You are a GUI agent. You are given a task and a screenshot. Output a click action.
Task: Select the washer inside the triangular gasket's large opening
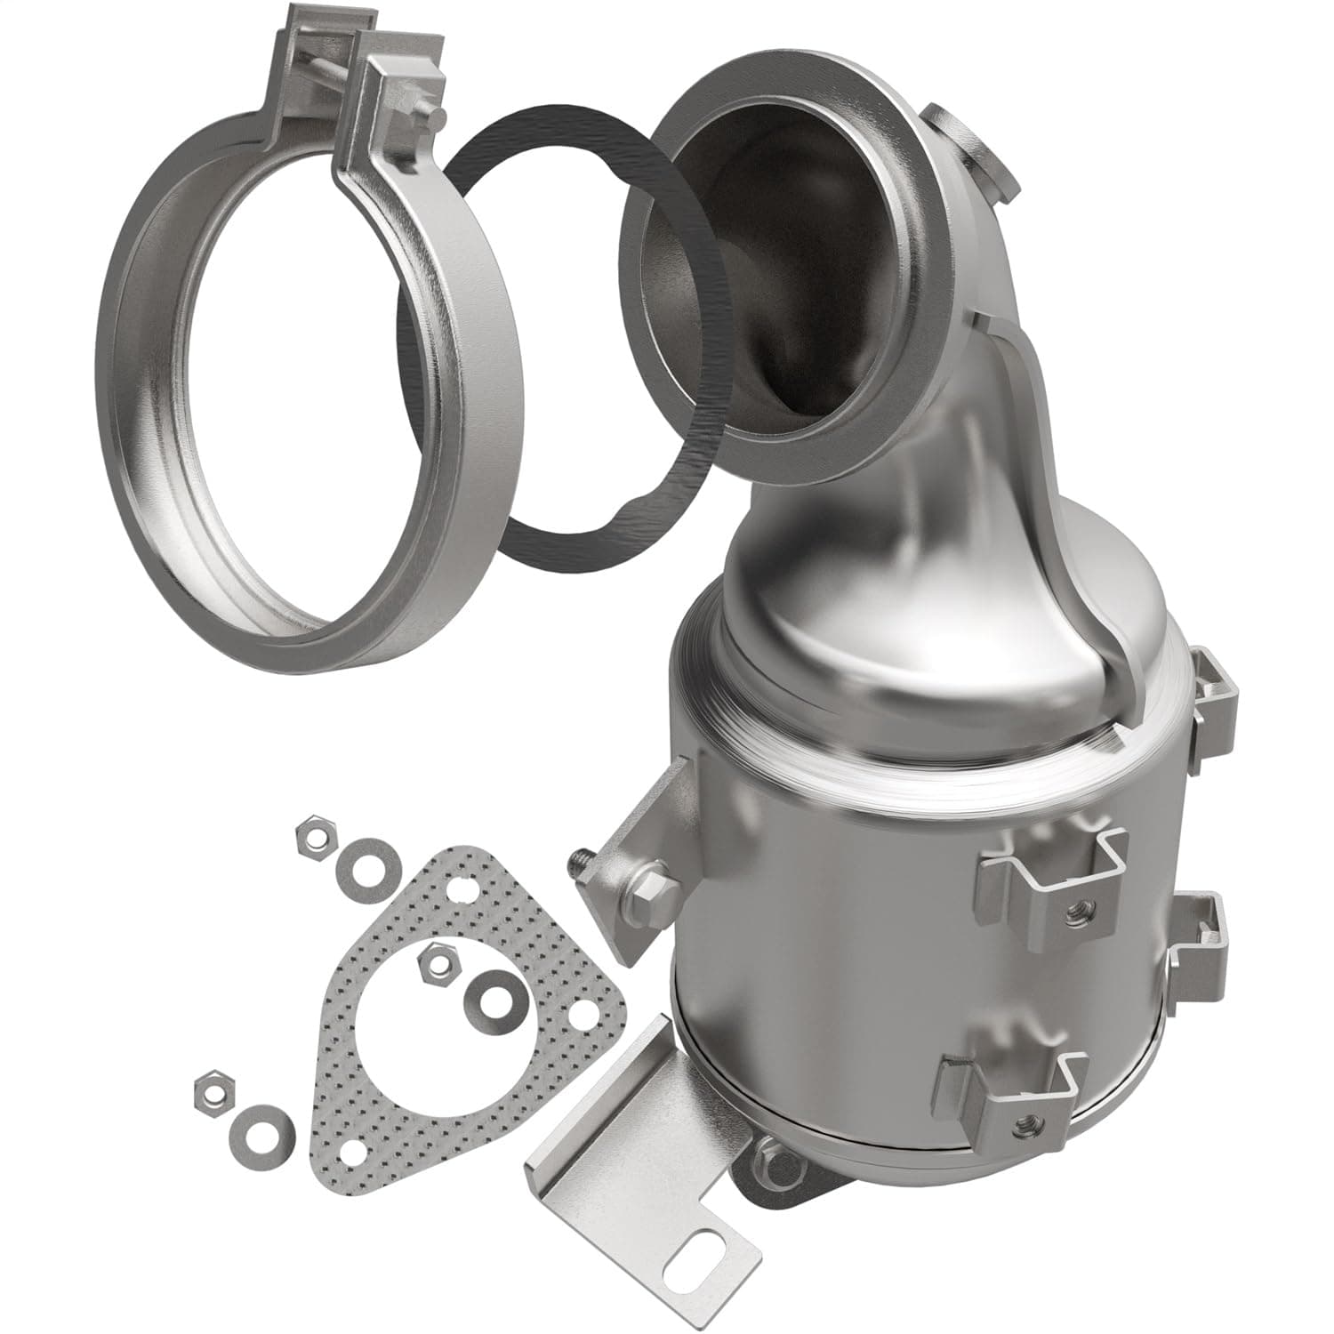(489, 995)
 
